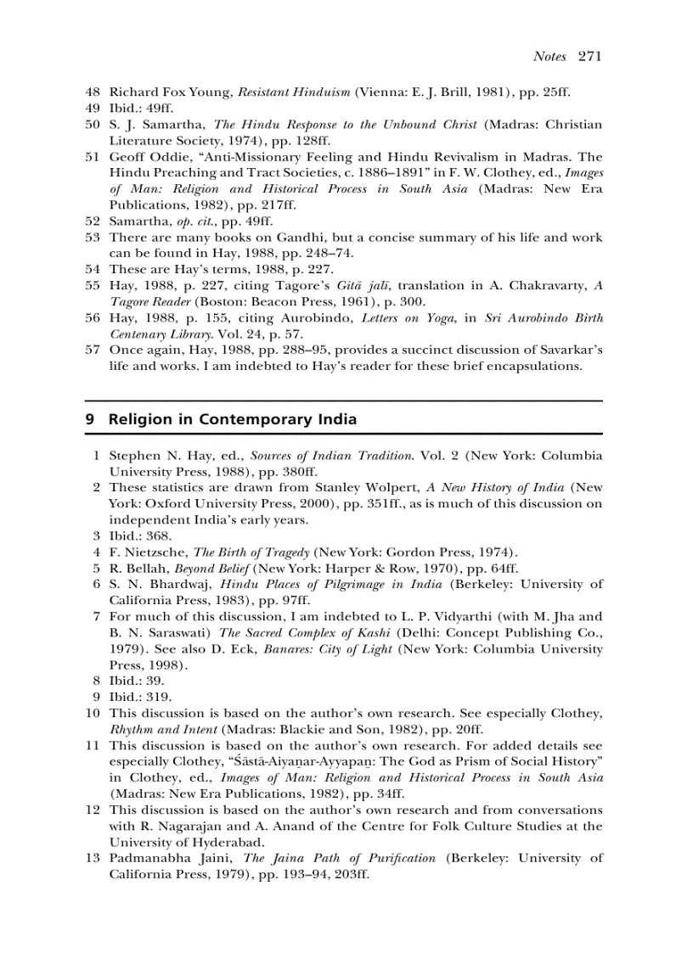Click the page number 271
click(x=589, y=57)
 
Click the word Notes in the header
click(x=549, y=57)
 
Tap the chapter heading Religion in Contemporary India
click(x=233, y=419)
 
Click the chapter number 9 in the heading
click(x=90, y=419)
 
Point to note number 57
click(x=93, y=350)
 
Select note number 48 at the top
click(x=93, y=92)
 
